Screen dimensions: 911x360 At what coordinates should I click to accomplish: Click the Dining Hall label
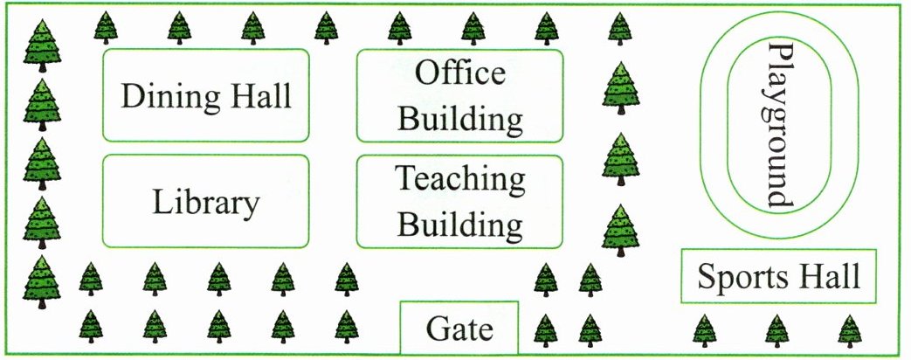[206, 95]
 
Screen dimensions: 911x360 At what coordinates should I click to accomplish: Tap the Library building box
[206, 202]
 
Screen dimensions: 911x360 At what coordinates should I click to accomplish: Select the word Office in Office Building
[459, 73]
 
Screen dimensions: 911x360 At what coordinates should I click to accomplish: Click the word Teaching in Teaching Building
[460, 179]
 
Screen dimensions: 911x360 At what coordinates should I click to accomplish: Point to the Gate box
[459, 329]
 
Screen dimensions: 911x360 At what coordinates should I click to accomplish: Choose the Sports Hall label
[778, 277]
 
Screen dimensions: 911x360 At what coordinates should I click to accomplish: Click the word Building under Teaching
[460, 225]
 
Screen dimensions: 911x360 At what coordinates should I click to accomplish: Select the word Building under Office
[460, 118]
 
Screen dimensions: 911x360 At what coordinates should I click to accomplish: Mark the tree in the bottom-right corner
[849, 331]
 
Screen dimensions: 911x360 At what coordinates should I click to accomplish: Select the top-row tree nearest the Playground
[619, 28]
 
